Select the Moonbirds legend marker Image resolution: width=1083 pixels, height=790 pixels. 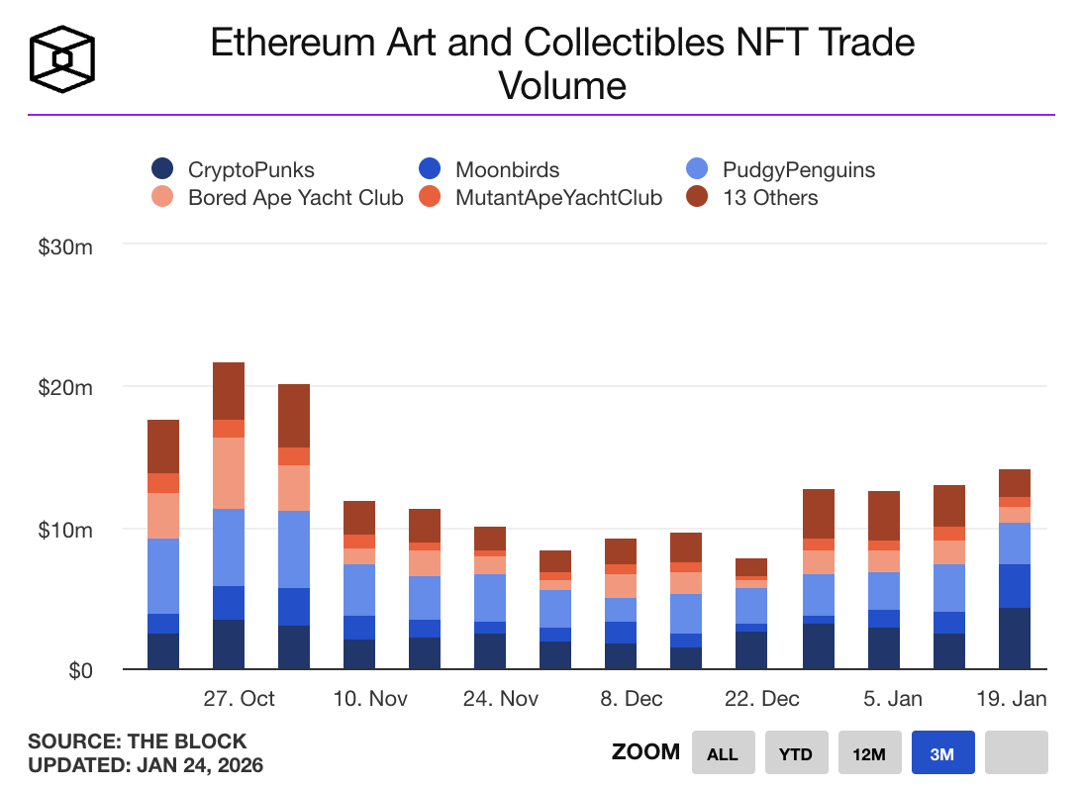click(x=430, y=170)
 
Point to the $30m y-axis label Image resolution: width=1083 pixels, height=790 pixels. click(x=65, y=247)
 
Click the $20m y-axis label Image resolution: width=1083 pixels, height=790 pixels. click(x=65, y=388)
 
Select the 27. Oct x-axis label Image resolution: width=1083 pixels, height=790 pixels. click(x=239, y=699)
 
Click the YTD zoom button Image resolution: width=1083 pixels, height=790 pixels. click(x=796, y=753)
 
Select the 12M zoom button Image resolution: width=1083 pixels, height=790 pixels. click(x=869, y=753)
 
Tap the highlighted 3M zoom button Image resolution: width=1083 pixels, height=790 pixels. click(x=942, y=753)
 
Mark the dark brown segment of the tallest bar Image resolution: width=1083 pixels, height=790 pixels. click(x=229, y=391)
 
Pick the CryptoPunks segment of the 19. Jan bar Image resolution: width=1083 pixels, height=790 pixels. click(x=1015, y=639)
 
